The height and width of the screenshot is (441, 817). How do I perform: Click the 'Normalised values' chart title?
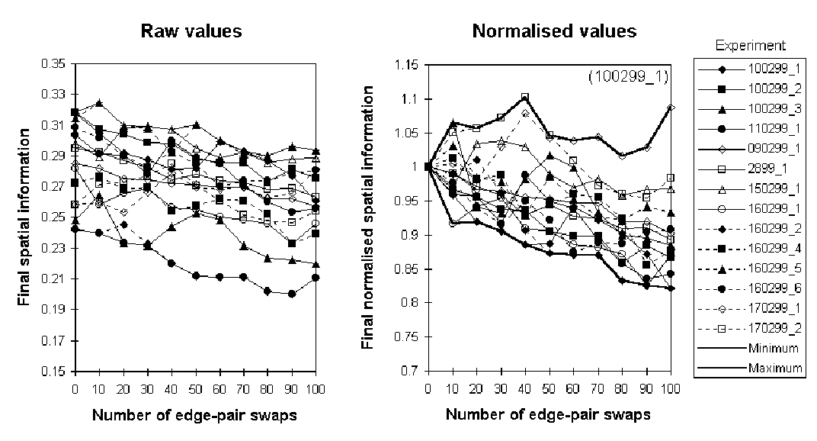554,31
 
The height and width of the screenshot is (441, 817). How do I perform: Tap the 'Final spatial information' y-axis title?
25,218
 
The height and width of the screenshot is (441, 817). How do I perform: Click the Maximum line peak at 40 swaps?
524,96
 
